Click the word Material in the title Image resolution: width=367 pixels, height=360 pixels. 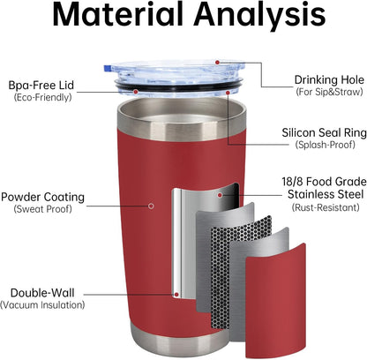118,15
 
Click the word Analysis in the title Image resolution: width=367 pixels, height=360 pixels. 261,17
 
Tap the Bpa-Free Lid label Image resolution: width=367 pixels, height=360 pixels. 41,86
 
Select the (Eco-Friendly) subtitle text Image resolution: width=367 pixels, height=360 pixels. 42,97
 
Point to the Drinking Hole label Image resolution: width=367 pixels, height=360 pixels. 329,80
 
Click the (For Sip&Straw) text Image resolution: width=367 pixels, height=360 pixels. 329,92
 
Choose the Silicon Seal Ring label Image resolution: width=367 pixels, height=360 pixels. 325,132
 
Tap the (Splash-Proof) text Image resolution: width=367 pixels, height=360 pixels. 326,145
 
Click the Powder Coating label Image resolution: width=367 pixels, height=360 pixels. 42,197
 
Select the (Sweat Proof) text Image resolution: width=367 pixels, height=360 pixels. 42,209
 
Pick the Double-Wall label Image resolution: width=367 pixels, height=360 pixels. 42,293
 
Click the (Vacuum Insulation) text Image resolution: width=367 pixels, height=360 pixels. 42,304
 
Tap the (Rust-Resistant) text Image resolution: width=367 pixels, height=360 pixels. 326,207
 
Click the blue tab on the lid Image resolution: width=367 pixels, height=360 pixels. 108,68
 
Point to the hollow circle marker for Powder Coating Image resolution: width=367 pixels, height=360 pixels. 151,206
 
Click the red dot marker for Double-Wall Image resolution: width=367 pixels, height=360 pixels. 176,294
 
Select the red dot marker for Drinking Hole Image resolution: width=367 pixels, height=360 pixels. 217,63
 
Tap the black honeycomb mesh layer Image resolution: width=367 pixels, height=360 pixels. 242,271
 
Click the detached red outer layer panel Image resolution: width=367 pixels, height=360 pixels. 276,303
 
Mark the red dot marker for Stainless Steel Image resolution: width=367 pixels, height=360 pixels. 220,195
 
